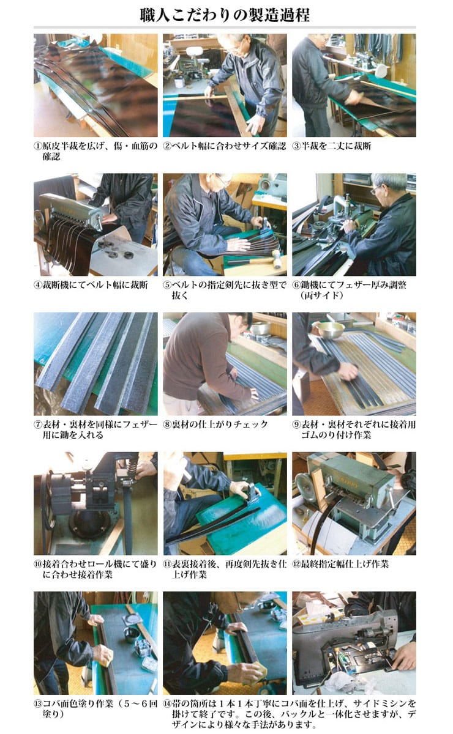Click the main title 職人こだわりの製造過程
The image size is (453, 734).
point(225,15)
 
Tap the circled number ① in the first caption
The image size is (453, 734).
point(39,146)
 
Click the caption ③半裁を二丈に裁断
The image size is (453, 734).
point(332,146)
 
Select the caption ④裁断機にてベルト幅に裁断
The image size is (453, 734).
point(91,285)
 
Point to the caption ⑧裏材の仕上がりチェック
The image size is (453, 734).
point(215,424)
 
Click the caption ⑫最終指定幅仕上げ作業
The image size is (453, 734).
point(340,564)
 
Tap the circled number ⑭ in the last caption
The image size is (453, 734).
point(168,703)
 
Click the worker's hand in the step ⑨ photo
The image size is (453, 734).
point(348,371)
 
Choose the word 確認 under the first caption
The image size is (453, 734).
point(51,157)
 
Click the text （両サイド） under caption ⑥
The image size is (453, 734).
point(322,295)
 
